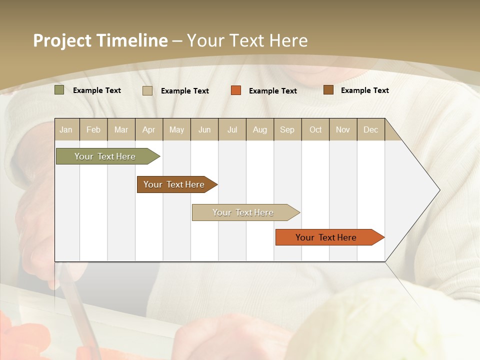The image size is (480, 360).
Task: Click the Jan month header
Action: [x=66, y=129]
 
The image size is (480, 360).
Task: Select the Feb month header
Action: [x=93, y=129]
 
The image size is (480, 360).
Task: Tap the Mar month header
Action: [x=121, y=129]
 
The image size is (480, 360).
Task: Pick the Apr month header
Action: [x=149, y=129]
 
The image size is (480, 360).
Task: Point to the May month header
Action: [x=176, y=129]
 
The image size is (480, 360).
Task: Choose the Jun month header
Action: [x=204, y=129]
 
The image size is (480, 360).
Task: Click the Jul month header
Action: [x=232, y=129]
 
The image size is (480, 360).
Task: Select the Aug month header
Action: [x=260, y=129]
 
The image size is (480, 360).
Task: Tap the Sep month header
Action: [x=287, y=129]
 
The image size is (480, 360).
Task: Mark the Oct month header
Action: [x=315, y=129]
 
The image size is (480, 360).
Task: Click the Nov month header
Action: [x=343, y=129]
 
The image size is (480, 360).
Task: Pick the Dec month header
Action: [x=371, y=129]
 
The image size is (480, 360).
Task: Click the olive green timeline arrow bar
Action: [x=105, y=156]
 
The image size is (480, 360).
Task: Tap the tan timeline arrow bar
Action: [x=243, y=212]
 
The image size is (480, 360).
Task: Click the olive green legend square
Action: [x=59, y=90]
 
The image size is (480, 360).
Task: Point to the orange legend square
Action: [x=236, y=90]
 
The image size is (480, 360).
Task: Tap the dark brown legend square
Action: [x=328, y=90]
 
